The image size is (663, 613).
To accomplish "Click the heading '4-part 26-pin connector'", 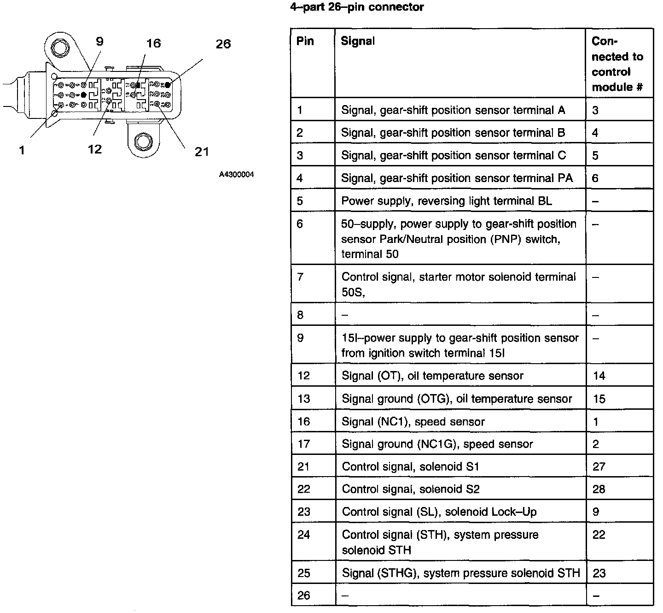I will [x=357, y=7].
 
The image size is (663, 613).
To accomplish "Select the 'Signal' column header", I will [x=358, y=41].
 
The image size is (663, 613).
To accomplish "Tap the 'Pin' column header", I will [x=305, y=41].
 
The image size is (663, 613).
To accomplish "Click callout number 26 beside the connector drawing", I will [x=223, y=44].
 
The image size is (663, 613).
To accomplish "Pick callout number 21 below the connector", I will [x=202, y=152].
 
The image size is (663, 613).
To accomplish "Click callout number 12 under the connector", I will [x=95, y=149].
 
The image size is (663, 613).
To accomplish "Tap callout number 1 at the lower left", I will [x=22, y=150].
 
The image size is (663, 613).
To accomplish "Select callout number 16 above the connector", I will [x=153, y=44].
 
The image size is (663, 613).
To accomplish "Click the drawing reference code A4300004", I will [x=236, y=175].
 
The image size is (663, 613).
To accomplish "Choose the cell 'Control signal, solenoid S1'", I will [x=411, y=467].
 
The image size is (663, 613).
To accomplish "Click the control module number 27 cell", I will [x=599, y=467].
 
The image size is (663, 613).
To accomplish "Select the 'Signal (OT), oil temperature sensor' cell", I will [x=432, y=376].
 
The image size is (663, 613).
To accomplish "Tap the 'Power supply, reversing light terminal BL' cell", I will [x=446, y=201].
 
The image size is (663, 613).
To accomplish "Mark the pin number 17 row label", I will [x=303, y=444].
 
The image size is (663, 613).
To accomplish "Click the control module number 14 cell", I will [x=599, y=376].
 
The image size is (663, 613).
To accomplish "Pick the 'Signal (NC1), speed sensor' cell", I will [x=413, y=422].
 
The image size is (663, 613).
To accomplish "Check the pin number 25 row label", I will [x=304, y=573].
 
